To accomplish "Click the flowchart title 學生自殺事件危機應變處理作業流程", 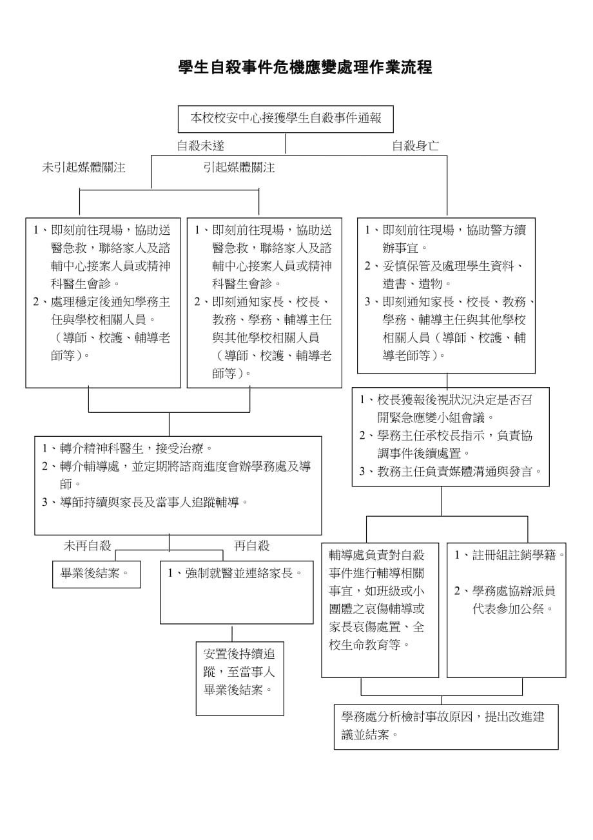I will [x=305, y=68].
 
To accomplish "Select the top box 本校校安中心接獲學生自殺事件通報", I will [x=286, y=119].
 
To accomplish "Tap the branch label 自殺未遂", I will [x=200, y=146].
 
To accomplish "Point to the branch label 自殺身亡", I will [x=416, y=146].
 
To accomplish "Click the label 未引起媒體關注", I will [x=84, y=168].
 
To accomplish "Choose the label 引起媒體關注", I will [x=238, y=168].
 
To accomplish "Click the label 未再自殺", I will [x=88, y=546].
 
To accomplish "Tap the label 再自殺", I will [x=251, y=546].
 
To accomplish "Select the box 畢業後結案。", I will [x=97, y=574].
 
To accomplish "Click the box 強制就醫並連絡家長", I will [x=237, y=573].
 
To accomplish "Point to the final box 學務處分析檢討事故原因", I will [x=446, y=726].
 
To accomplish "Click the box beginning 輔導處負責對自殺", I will [x=380, y=609].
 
